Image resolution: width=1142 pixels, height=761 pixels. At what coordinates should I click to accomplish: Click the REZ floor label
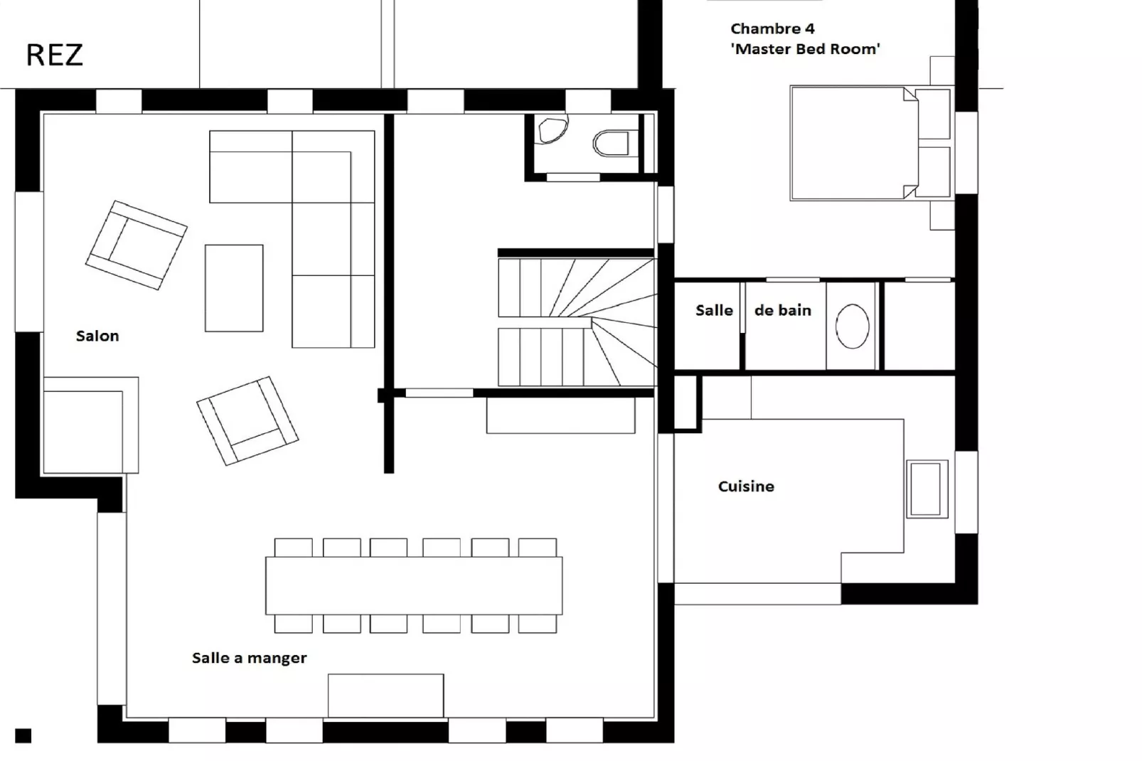[x=54, y=55]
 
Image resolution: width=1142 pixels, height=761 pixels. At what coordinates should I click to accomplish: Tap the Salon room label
[x=97, y=336]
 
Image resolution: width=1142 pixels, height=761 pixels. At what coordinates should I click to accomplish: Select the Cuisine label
[x=746, y=486]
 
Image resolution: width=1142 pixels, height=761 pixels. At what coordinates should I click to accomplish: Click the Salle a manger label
[x=250, y=658]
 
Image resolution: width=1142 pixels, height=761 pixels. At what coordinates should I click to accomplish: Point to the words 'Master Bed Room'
[x=806, y=49]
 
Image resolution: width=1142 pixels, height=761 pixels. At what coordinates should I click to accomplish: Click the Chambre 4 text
[x=772, y=28]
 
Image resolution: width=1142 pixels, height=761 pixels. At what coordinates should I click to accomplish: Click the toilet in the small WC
[x=612, y=143]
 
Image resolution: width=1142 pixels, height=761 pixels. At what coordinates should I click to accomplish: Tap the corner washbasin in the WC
[x=552, y=130]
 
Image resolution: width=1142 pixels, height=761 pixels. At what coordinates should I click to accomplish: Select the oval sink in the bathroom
[x=852, y=326]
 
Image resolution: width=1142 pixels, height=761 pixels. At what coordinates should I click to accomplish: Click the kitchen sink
[x=927, y=489]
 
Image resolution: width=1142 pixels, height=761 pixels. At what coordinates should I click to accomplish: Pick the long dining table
[x=414, y=585]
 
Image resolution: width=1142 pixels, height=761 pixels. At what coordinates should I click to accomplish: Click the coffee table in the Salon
[x=234, y=288]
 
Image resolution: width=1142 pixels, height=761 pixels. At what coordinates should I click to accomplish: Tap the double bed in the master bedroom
[x=871, y=143]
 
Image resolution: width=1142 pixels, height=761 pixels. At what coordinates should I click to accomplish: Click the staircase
[x=577, y=321]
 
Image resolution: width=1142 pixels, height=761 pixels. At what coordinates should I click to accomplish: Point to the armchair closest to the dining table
[x=247, y=421]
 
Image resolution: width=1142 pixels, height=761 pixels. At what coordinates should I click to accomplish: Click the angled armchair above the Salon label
[x=136, y=245]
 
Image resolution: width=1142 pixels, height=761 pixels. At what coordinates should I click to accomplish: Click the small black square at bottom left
[x=23, y=735]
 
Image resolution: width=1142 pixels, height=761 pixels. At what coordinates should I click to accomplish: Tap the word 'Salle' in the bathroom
[x=714, y=310]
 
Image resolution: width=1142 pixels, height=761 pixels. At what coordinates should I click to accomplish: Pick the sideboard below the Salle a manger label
[x=385, y=696]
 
